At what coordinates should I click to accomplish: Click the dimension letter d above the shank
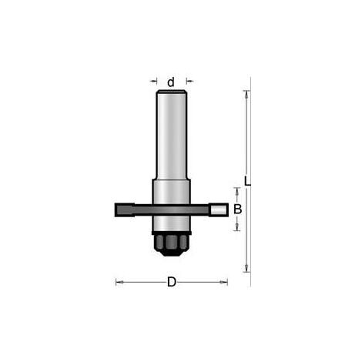pos(171,82)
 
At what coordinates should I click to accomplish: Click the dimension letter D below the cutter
pos(172,282)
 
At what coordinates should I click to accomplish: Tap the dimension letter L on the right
pos(247,181)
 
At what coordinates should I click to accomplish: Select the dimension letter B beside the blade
pos(237,209)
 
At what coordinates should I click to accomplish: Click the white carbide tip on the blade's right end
pos(218,209)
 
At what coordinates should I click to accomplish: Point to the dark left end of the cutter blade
pos(125,210)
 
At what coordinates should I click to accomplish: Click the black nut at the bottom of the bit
pos(171,245)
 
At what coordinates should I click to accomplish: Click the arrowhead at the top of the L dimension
pos(246,95)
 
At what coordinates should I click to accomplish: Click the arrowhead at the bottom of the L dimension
pos(246,267)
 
